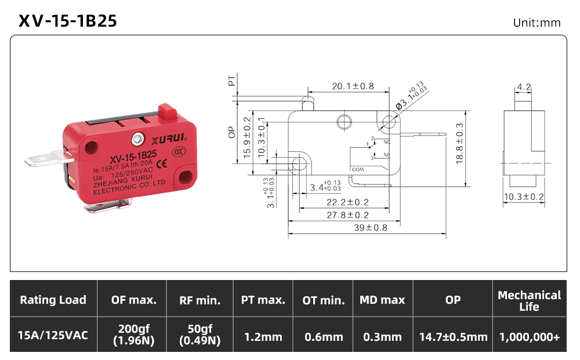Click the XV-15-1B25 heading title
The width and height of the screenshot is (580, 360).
[x=68, y=21]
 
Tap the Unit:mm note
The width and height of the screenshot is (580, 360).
[x=536, y=23]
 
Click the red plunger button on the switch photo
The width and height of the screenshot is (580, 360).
[x=167, y=112]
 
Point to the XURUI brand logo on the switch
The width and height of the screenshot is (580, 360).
[x=169, y=139]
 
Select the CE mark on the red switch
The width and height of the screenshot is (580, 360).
[x=162, y=163]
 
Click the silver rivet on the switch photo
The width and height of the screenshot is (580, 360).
[x=137, y=139]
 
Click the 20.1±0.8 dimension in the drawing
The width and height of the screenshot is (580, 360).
[x=353, y=86]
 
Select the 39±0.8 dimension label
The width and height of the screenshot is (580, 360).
[x=371, y=228]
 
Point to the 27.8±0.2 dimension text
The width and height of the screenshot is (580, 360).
[x=347, y=215]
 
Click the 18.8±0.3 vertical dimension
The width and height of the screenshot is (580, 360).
[x=459, y=143]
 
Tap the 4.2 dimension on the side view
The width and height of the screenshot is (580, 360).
[x=524, y=87]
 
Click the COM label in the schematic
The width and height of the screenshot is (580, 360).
[x=358, y=170]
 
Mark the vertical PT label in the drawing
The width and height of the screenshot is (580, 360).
[x=231, y=81]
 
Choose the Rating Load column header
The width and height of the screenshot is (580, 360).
[x=53, y=300]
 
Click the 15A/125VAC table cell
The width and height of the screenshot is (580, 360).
[x=53, y=335]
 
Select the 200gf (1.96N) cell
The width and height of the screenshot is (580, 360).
[x=134, y=334]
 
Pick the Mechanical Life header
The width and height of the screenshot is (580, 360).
[x=530, y=301]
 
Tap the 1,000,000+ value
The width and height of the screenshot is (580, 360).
[x=530, y=337]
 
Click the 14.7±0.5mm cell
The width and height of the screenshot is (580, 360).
[x=454, y=337]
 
